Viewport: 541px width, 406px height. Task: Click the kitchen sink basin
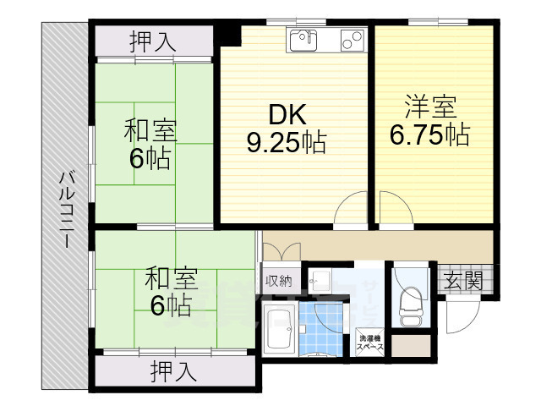[303, 37]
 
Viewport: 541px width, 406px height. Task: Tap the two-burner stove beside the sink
[350, 38]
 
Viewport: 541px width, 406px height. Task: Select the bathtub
[278, 330]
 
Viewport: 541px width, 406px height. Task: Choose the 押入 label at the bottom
[174, 370]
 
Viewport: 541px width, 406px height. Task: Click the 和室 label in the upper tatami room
[150, 131]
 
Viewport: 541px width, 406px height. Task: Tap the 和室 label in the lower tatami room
[171, 278]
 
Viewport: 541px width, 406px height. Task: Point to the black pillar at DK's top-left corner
[227, 35]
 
